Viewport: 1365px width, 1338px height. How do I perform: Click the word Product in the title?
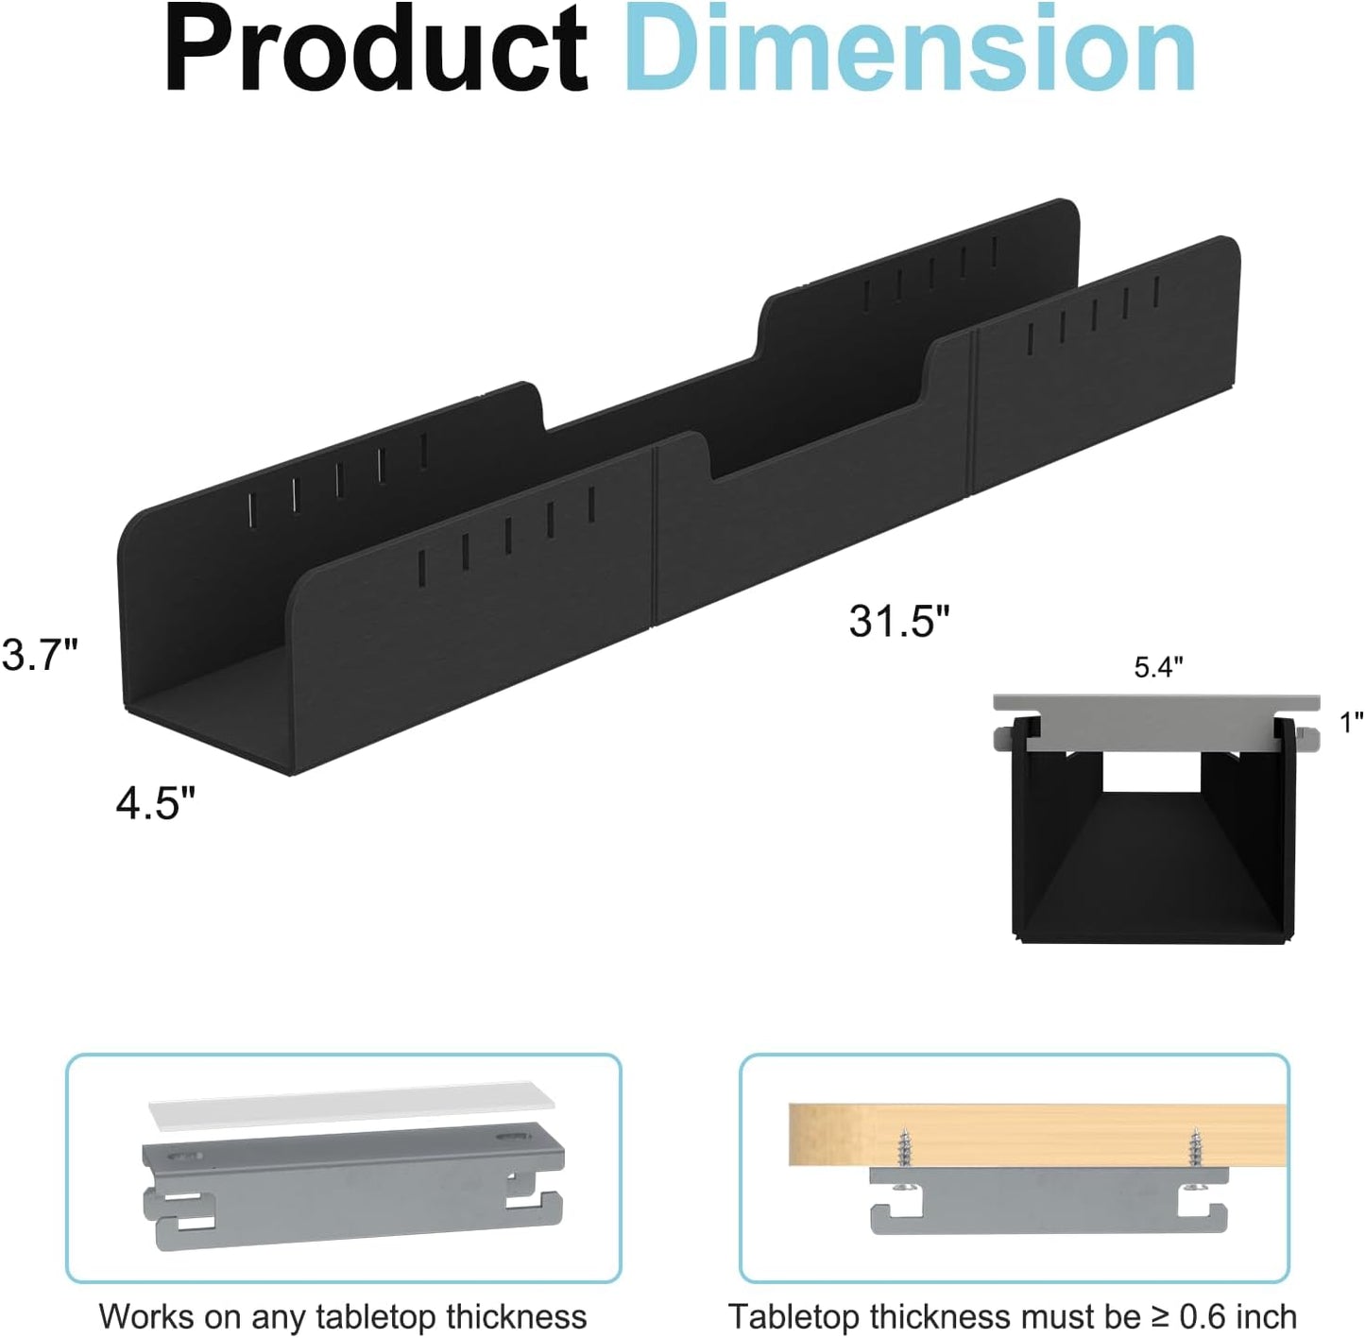(x=376, y=49)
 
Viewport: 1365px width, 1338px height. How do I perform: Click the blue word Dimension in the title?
(x=909, y=49)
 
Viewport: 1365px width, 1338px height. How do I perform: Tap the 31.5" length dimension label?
(x=898, y=622)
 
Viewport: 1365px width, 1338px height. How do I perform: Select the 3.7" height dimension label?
(x=40, y=655)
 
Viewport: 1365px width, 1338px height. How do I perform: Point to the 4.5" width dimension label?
(x=156, y=803)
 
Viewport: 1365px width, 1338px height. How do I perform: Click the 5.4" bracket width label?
(x=1158, y=667)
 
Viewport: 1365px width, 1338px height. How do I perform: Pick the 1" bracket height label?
(x=1351, y=723)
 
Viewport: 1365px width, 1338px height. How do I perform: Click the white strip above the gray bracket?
(x=351, y=1104)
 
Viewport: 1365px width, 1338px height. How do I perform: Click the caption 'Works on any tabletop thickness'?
(x=343, y=1316)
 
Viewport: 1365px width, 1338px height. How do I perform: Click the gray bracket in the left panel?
(x=351, y=1181)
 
